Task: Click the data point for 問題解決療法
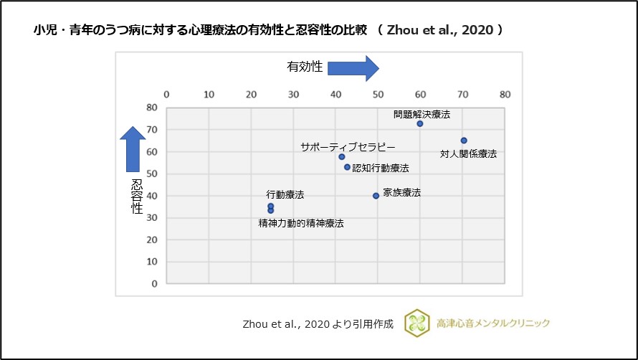420,124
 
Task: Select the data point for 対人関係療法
464,141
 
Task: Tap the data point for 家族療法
376,196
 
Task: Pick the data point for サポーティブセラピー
342,157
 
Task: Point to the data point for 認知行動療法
347,167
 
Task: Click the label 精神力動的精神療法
301,224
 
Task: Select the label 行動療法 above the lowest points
285,194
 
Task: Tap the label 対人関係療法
468,153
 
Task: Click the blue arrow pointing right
353,69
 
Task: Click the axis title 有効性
305,67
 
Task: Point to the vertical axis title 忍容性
136,196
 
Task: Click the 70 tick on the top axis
463,94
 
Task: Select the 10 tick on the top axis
209,94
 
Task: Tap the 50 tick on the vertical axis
152,174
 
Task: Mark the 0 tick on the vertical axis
154,284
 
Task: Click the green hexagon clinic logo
416,323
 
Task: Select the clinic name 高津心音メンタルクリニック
493,323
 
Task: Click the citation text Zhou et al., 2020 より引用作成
318,324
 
